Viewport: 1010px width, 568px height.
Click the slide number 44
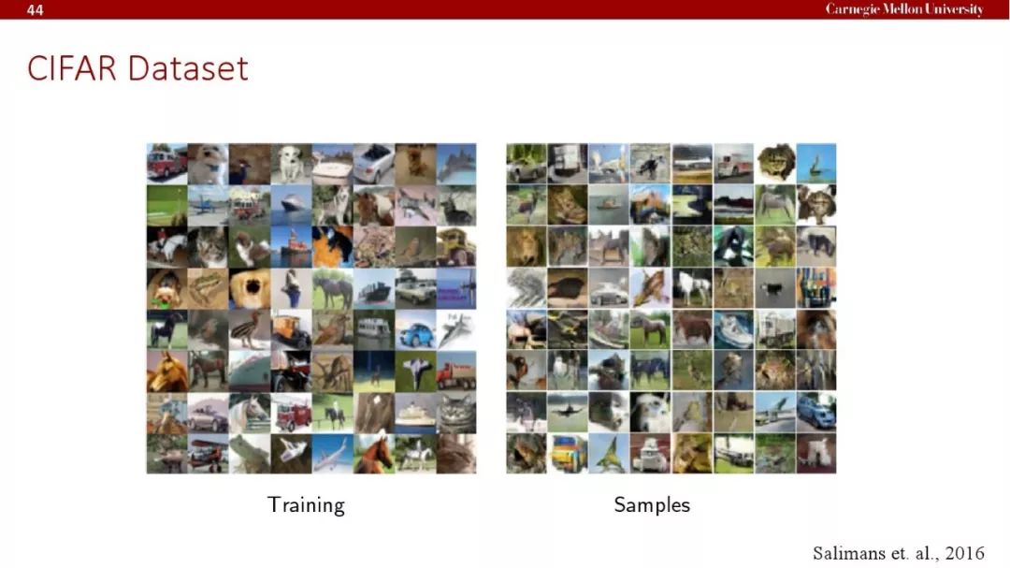pyautogui.click(x=35, y=9)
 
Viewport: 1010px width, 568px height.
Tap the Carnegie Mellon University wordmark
pyautogui.click(x=904, y=9)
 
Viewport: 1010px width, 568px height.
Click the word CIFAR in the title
pyautogui.click(x=72, y=68)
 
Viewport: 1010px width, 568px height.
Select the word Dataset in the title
pyautogui.click(x=188, y=68)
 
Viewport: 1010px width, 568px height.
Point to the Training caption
pyautogui.click(x=306, y=504)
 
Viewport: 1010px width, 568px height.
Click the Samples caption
pyautogui.click(x=652, y=504)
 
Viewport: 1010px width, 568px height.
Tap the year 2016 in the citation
pyautogui.click(x=964, y=553)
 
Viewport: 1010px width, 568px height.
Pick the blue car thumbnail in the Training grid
pyautogui.click(x=415, y=329)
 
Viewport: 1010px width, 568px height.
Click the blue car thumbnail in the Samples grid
pyautogui.click(x=816, y=412)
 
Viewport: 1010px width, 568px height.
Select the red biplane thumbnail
pyautogui.click(x=208, y=453)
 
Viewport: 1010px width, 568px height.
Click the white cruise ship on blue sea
pyautogui.click(x=291, y=206)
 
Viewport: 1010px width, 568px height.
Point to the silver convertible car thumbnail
pyautogui.click(x=373, y=164)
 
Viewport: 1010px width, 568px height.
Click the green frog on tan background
pyautogui.click(x=208, y=288)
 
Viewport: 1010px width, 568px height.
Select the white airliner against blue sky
pyautogui.click(x=332, y=453)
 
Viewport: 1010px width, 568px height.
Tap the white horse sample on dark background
pyautogui.click(x=692, y=287)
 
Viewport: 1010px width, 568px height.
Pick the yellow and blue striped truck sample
pyautogui.click(x=568, y=453)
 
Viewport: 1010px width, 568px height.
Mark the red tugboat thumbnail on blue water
pyautogui.click(x=291, y=247)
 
